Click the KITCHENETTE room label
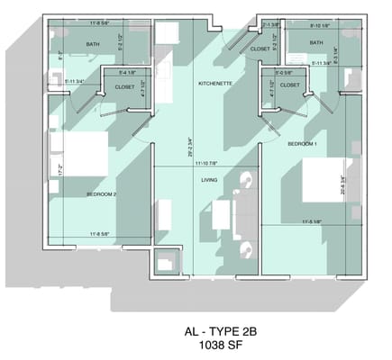tap(216, 83)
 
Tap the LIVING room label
tap(209, 180)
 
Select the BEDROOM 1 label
tap(303, 144)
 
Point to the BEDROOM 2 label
tap(103, 193)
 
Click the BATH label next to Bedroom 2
tap(93, 44)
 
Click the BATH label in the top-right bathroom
tap(316, 42)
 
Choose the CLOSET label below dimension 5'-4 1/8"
tap(125, 87)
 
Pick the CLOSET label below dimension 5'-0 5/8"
tap(290, 85)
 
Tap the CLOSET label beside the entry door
tap(260, 49)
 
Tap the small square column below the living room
tap(168, 261)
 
